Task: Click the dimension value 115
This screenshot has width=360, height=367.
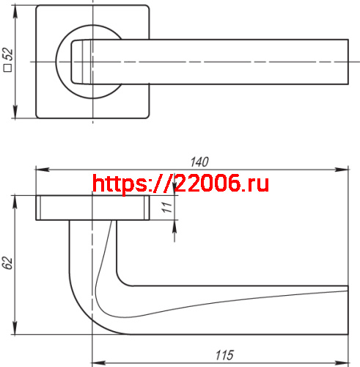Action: tap(224, 355)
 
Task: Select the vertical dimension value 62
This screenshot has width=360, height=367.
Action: tap(8, 264)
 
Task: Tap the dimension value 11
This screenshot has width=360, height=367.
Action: tap(166, 207)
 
